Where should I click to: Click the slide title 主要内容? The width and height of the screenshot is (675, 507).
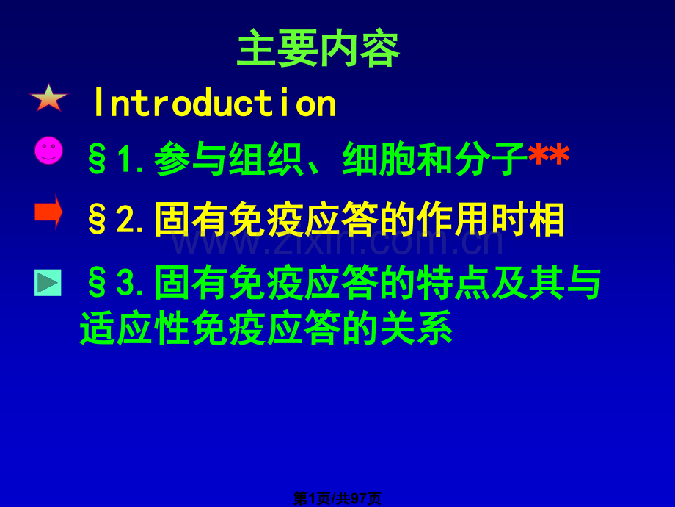[x=318, y=48]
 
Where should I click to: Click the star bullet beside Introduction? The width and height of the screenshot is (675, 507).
[x=48, y=98]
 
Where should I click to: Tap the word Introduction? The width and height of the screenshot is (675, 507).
[x=215, y=103]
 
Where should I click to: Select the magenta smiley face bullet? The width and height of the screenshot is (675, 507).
[x=48, y=151]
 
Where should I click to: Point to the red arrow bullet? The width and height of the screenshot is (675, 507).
[x=48, y=212]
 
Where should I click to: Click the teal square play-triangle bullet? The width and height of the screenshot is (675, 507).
[x=48, y=283]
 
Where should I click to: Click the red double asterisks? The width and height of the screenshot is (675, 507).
[x=549, y=156]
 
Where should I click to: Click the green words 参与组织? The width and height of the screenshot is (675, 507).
[x=229, y=159]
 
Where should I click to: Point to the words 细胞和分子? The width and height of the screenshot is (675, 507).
[x=435, y=159]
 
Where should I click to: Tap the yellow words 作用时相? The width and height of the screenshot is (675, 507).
[x=490, y=219]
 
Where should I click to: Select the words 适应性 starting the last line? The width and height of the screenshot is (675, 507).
[x=135, y=328]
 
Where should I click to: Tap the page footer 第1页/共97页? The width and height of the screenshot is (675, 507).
[x=337, y=498]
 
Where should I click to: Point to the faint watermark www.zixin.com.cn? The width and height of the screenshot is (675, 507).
[x=337, y=242]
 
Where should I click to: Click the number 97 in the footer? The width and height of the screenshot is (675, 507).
[x=358, y=498]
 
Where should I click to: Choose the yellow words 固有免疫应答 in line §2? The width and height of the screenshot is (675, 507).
[x=266, y=219]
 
